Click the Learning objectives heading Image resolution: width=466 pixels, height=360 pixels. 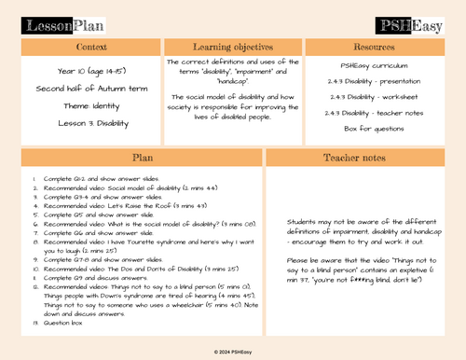[233, 47]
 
